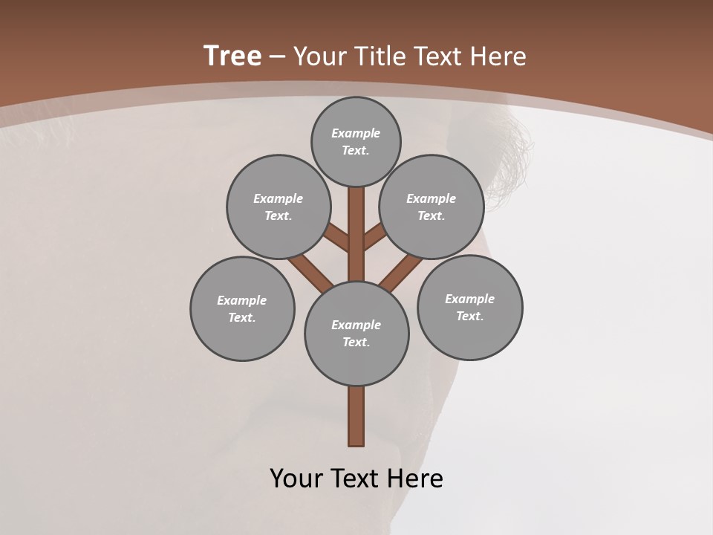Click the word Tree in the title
click(232, 56)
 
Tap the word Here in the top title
click(497, 56)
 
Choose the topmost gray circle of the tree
click(356, 141)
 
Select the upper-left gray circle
click(279, 207)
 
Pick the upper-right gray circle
click(432, 207)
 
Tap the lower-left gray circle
click(242, 308)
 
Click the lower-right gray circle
click(469, 307)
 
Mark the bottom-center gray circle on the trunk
click(356, 333)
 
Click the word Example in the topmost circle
click(356, 133)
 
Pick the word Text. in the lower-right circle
click(469, 316)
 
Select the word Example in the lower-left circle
click(242, 300)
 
